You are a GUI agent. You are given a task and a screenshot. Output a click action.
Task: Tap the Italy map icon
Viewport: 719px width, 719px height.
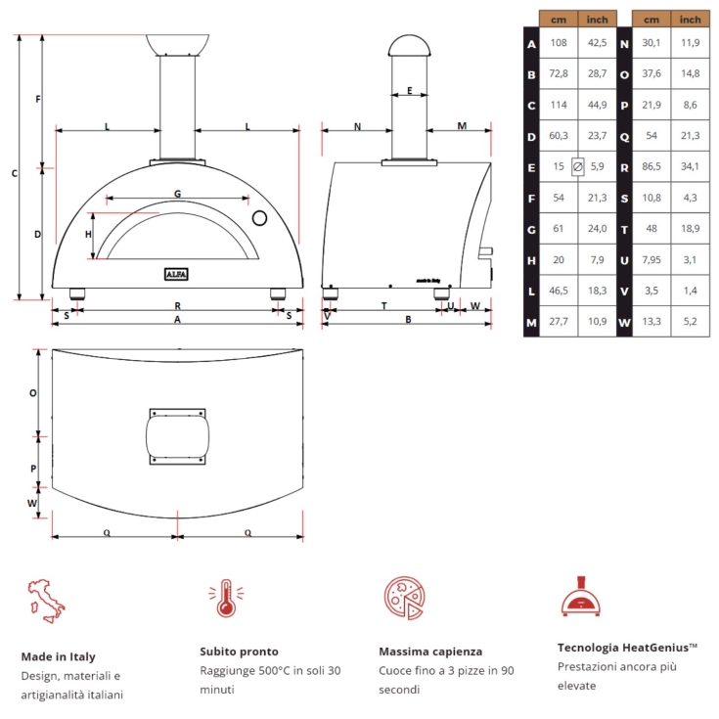(x=44, y=601)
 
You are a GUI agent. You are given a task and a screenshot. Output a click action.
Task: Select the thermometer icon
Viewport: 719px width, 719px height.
(x=224, y=599)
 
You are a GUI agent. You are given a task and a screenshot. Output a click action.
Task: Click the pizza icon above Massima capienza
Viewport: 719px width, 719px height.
(x=402, y=597)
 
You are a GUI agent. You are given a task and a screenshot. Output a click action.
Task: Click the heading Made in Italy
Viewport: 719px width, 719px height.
(x=58, y=656)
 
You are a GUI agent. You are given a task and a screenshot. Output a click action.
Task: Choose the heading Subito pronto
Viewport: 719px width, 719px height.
(x=239, y=651)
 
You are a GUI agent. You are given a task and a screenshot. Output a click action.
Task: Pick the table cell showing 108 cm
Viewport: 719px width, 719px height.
(x=559, y=43)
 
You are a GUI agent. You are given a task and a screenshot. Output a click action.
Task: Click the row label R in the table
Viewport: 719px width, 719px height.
(x=623, y=166)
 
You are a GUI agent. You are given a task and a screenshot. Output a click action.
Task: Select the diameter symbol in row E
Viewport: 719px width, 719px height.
(x=577, y=166)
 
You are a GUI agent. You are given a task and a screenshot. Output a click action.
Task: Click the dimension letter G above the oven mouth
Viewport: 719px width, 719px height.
(x=177, y=194)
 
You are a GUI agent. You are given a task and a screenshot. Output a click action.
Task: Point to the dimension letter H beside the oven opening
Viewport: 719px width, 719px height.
(x=88, y=235)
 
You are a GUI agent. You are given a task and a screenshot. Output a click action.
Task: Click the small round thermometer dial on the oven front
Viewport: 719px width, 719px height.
(x=259, y=216)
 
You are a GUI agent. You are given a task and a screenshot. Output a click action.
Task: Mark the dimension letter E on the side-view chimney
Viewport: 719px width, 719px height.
(x=409, y=91)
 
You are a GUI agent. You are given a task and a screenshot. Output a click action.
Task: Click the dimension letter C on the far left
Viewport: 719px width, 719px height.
(x=14, y=174)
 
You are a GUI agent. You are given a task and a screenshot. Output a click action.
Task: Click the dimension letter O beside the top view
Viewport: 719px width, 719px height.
(x=32, y=392)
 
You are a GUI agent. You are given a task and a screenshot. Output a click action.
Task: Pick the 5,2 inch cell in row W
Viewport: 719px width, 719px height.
(x=691, y=321)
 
